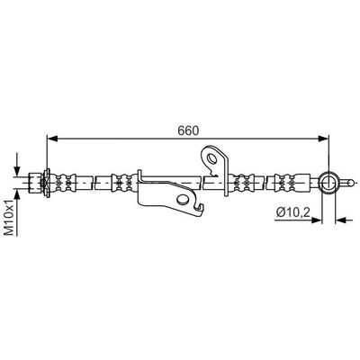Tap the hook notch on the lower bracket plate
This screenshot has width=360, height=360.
[x=186, y=200]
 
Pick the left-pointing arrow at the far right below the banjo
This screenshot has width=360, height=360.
[x=343, y=219]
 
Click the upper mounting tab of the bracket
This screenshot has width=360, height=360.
[x=214, y=159]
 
